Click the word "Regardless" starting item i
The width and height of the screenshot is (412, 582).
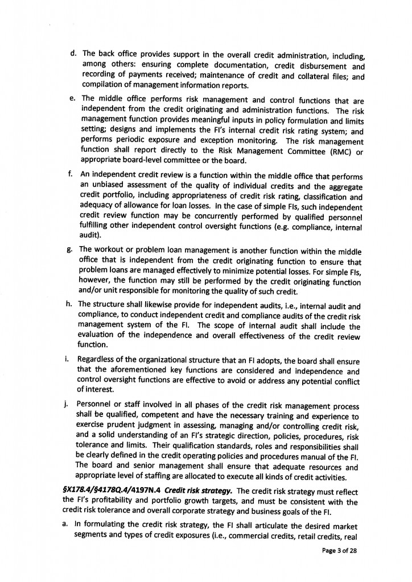(101, 360)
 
